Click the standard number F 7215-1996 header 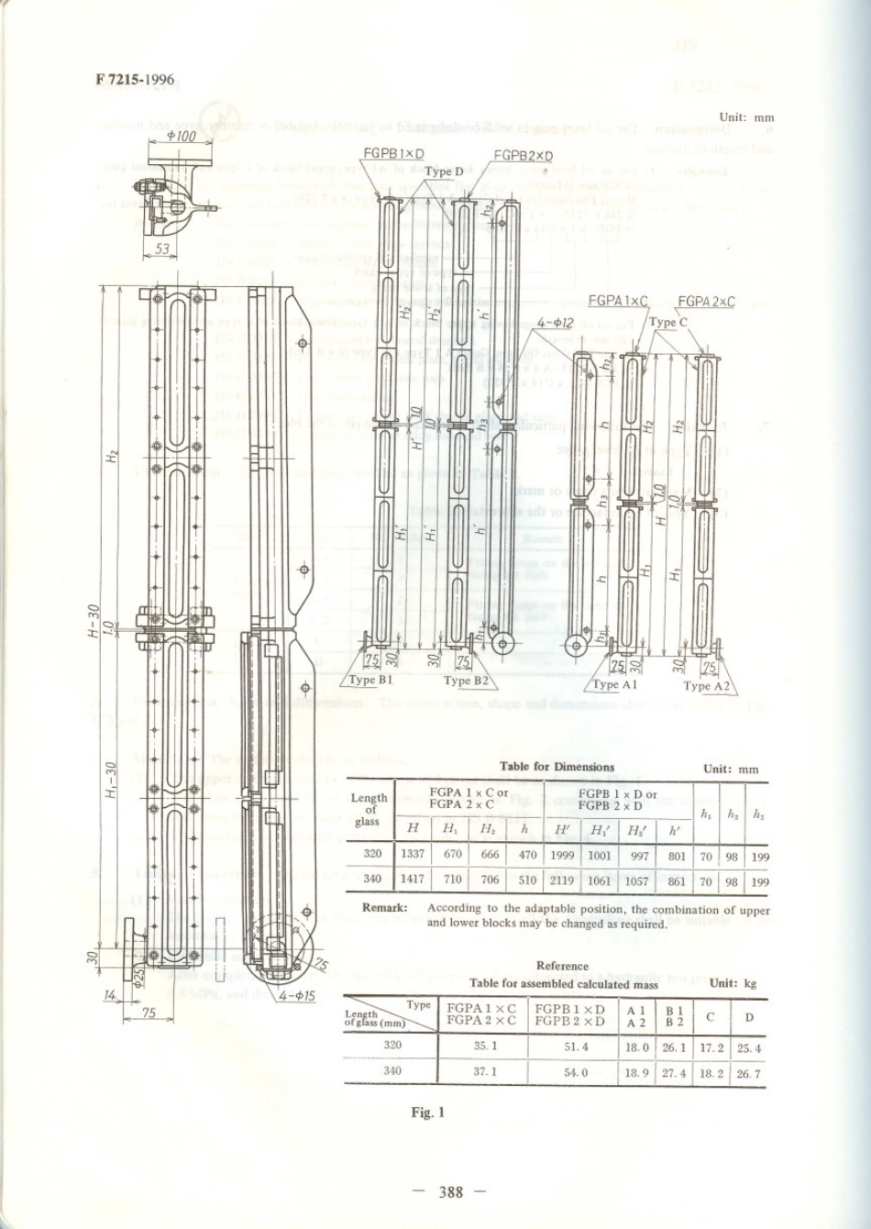tap(134, 80)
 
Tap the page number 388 tap(451, 1192)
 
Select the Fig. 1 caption tap(427, 1113)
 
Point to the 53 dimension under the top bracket tap(162, 249)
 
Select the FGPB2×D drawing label tap(524, 155)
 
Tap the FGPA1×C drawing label tap(617, 301)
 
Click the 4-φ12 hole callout tap(556, 323)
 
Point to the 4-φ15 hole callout tap(297, 994)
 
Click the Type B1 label tap(371, 681)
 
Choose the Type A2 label tap(706, 685)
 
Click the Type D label tap(445, 171)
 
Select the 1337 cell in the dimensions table tap(413, 855)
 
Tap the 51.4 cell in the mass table tap(576, 1046)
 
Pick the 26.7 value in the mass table tap(749, 1073)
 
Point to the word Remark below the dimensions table tap(385, 909)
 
